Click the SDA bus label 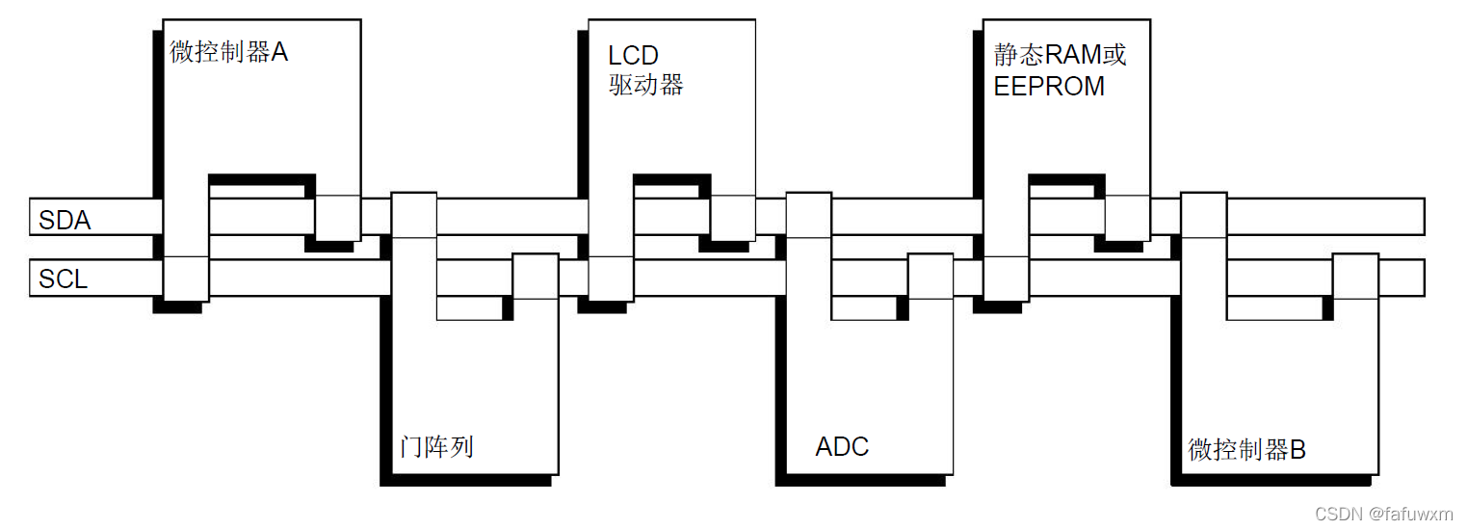[x=65, y=221]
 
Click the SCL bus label [x=63, y=279]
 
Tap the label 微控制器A [x=229, y=52]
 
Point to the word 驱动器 [x=645, y=85]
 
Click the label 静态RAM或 [x=1060, y=54]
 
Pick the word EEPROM [x=1049, y=86]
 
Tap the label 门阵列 [x=436, y=447]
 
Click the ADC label [x=842, y=447]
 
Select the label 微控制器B [x=1246, y=449]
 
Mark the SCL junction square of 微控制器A [x=186, y=278]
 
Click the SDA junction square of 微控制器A [x=338, y=218]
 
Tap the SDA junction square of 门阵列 [x=414, y=215]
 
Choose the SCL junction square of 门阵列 [x=535, y=276]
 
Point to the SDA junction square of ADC [x=808, y=215]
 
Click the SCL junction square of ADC [x=930, y=276]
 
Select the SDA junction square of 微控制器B [x=1203, y=215]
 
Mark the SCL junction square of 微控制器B [x=1354, y=276]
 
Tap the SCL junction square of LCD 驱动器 [x=611, y=278]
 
